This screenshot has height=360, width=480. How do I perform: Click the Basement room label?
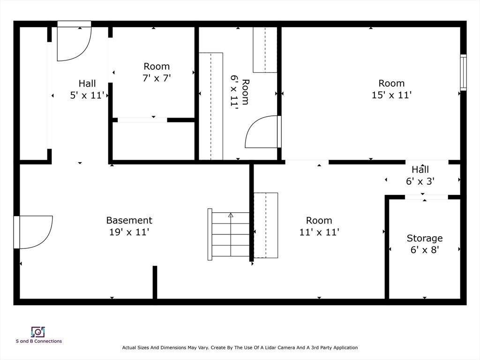(x=129, y=220)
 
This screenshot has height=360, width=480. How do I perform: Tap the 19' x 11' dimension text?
(x=129, y=232)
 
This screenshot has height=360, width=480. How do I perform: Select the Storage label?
(x=425, y=238)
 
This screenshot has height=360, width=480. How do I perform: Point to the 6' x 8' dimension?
(x=425, y=250)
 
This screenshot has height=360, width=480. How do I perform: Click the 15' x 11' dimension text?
(x=391, y=95)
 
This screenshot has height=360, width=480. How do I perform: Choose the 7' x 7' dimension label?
(x=157, y=78)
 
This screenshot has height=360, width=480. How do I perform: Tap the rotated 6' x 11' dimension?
(x=234, y=92)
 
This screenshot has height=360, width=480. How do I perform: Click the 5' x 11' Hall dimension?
(x=87, y=95)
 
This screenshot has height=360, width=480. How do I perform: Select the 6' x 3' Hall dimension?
(x=420, y=181)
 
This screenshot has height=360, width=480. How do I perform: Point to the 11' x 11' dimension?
(x=319, y=232)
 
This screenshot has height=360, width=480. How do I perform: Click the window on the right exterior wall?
(x=463, y=73)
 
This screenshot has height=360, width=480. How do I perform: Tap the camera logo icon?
(x=38, y=332)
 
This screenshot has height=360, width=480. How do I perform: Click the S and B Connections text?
(x=39, y=341)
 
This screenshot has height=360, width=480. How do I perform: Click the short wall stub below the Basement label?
(x=155, y=282)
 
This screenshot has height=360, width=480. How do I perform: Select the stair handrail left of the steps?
(x=210, y=234)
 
